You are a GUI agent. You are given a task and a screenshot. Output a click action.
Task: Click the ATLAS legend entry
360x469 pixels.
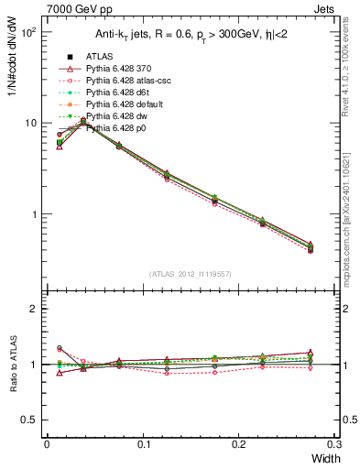[x=100, y=57]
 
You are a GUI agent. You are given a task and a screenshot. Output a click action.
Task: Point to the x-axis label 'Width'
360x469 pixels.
[x=325, y=458]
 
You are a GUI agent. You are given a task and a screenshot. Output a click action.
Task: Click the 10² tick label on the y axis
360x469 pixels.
[x=27, y=32]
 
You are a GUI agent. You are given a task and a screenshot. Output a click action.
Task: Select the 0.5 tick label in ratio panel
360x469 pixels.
[x=29, y=420]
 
